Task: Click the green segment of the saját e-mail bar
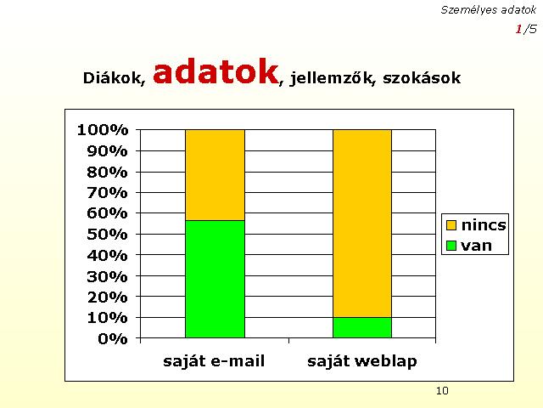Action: point(215,279)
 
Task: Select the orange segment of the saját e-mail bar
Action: point(215,175)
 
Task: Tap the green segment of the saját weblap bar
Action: point(362,327)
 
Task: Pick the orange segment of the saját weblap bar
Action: point(362,224)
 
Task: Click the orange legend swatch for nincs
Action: point(451,225)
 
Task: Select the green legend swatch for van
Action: point(451,246)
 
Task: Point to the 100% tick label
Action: point(103,130)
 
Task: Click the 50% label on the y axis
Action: point(108,235)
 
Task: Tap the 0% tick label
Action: point(113,338)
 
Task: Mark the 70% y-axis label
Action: point(108,193)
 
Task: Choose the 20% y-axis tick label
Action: point(108,297)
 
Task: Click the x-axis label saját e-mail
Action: point(214,361)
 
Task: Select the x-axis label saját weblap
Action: point(362,361)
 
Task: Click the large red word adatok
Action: point(216,71)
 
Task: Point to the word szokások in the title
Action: point(422,77)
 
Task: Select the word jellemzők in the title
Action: point(333,78)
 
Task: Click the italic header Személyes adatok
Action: point(489,10)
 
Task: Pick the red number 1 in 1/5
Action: point(518,29)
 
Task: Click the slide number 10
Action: point(442,391)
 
